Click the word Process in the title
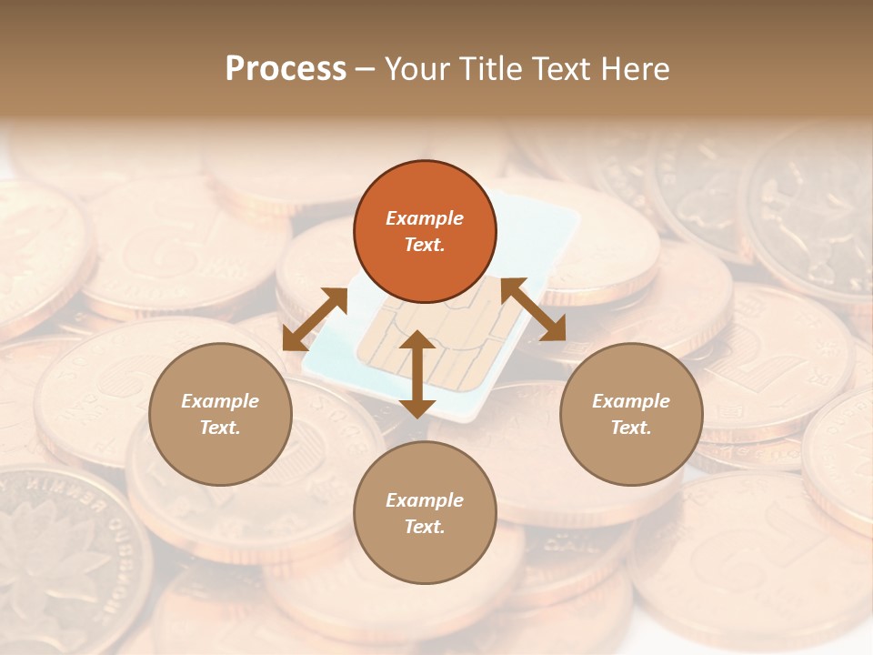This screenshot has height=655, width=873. click(286, 69)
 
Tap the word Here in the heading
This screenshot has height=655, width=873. click(636, 69)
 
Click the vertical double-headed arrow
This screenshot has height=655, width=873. click(417, 374)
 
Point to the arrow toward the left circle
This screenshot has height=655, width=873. click(315, 318)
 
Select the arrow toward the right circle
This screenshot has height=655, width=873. click(534, 309)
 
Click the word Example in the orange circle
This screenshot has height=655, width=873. click(425, 218)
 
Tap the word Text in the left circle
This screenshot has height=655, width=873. click(220, 428)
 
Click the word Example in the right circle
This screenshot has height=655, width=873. click(631, 401)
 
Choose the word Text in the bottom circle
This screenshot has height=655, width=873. click(425, 527)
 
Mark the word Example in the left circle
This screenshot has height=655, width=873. click(220, 401)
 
